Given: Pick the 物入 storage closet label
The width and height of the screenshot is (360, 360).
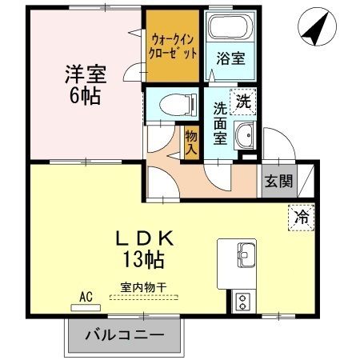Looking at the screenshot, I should (x=191, y=142).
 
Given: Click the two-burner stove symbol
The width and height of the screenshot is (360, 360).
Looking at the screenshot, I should (x=242, y=301).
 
